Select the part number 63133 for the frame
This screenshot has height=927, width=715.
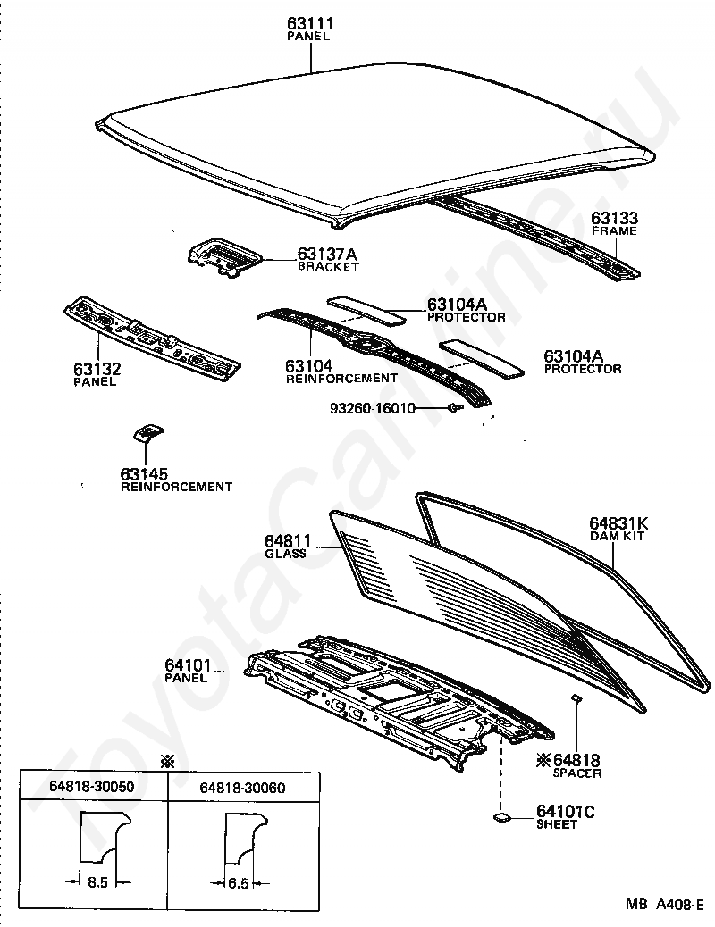pos(614,219)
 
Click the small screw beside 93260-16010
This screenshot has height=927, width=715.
pos(454,408)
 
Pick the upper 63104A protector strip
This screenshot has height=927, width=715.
pos(366,308)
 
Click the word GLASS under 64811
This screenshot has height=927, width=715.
pos(285,554)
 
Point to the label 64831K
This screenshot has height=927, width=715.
pos(618,523)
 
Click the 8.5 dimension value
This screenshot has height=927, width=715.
pos(97,882)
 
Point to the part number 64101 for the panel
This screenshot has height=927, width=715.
pos(188,665)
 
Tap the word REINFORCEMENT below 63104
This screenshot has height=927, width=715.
pos(341,378)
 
